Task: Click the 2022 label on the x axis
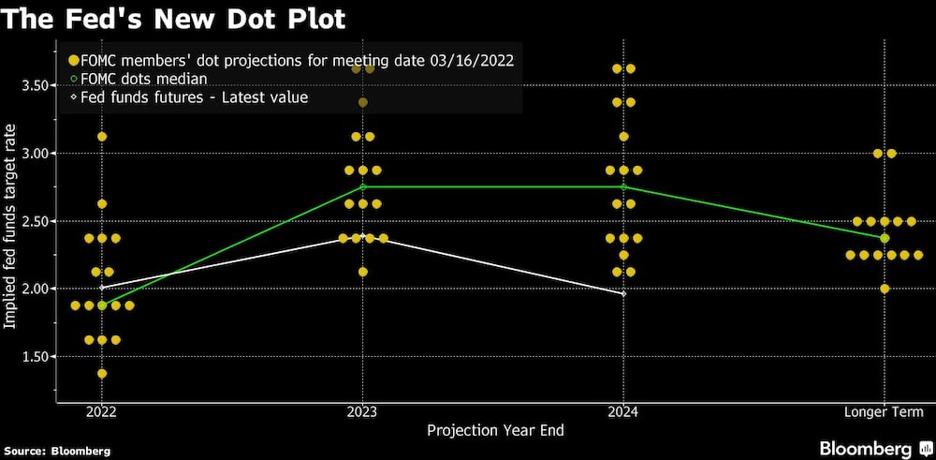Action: [x=101, y=412]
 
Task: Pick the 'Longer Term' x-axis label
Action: [x=885, y=412]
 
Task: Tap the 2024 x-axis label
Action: [x=623, y=412]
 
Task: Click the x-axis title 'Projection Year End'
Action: [x=495, y=430]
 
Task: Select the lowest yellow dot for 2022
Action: [x=102, y=374]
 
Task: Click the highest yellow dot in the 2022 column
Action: [x=102, y=137]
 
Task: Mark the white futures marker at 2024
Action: [x=623, y=294]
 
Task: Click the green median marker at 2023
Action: [x=362, y=186]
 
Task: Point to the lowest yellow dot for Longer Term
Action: [x=885, y=289]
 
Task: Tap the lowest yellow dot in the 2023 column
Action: [x=362, y=272]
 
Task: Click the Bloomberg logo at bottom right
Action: [x=871, y=448]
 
